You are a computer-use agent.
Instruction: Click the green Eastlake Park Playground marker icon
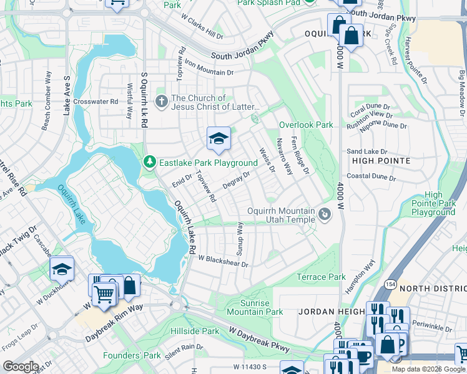149,163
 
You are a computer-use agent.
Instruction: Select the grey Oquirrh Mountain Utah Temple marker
324,216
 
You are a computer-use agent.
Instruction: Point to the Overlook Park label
306,125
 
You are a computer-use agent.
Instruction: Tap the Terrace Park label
321,277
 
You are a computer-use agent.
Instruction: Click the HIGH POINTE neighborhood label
381,161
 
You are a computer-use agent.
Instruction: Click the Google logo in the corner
21,367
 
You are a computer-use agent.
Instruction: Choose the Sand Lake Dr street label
367,151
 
